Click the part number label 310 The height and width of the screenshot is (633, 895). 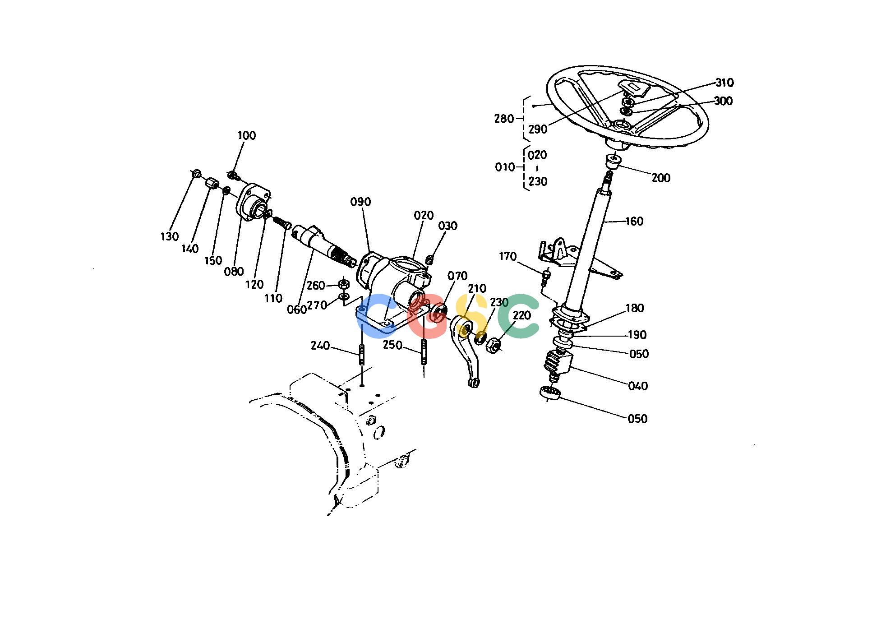[724, 83]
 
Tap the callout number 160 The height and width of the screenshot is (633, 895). [634, 222]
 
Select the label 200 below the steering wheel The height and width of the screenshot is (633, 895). [661, 178]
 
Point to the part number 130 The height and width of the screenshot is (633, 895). [170, 236]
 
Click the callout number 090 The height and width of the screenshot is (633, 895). [360, 202]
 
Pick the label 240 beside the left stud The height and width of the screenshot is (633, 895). [320, 346]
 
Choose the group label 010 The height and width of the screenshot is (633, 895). [505, 167]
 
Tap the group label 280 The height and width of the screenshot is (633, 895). [504, 119]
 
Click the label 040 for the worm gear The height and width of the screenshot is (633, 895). [638, 386]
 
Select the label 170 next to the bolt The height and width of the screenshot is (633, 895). [507, 257]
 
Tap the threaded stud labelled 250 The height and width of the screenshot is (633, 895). [424, 352]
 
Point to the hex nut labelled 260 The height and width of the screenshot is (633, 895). [343, 284]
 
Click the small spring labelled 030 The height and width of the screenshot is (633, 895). [429, 260]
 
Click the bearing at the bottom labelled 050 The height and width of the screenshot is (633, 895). [550, 393]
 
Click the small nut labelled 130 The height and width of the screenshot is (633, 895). [196, 174]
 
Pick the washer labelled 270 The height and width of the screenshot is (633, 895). [343, 296]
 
